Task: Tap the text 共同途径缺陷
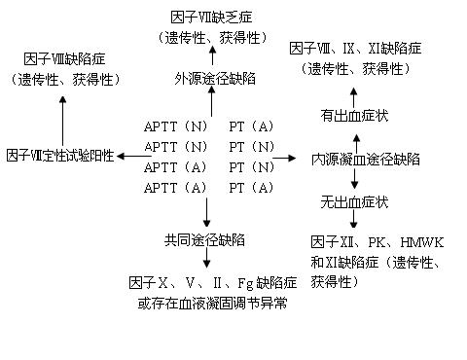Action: [205, 239]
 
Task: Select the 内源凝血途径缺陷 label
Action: [353, 159]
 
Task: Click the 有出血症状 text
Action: [354, 115]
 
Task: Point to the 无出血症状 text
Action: [354, 202]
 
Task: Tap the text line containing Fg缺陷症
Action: [212, 282]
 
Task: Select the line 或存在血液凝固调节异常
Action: [212, 304]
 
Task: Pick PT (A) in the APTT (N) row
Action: [249, 126]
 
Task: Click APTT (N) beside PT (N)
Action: [175, 146]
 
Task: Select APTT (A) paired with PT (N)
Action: [175, 166]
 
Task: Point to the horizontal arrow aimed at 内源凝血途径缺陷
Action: [284, 157]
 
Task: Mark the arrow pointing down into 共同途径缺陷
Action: [206, 213]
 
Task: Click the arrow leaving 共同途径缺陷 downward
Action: [206, 260]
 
